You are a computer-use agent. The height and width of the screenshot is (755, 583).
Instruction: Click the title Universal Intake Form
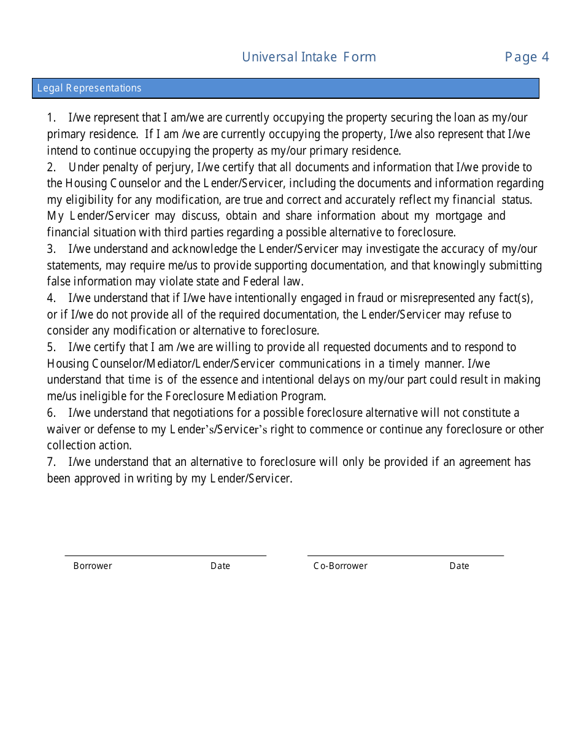309,57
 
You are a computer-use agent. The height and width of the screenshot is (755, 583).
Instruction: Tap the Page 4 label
527,57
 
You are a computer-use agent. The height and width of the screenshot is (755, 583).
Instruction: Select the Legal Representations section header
89,88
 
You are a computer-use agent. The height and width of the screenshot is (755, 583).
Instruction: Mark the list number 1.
51,118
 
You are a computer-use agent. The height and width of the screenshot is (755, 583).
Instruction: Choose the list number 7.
51,462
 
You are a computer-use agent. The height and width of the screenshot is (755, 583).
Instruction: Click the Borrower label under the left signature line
93,566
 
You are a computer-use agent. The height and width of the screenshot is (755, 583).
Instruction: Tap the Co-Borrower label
340,566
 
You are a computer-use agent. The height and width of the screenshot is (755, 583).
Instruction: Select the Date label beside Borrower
220,566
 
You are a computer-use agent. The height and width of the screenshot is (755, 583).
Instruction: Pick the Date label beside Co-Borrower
459,566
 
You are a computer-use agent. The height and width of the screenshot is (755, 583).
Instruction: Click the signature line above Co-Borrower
405,556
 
